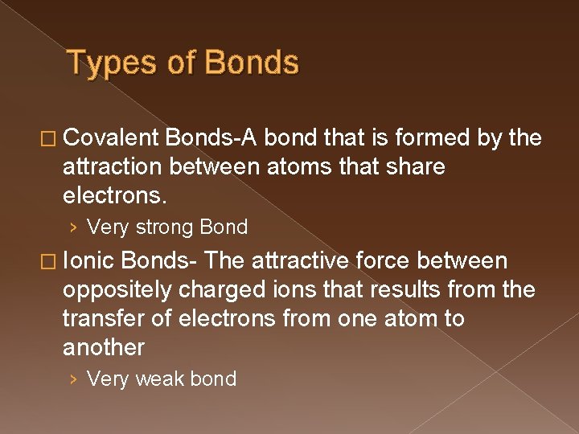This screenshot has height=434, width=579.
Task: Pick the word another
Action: [104, 347]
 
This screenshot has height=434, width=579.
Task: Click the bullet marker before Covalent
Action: [51, 139]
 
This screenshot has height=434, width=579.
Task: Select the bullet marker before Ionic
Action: [51, 261]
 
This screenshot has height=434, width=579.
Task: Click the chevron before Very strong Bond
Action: [72, 228]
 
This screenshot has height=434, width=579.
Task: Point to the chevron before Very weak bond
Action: [72, 379]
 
